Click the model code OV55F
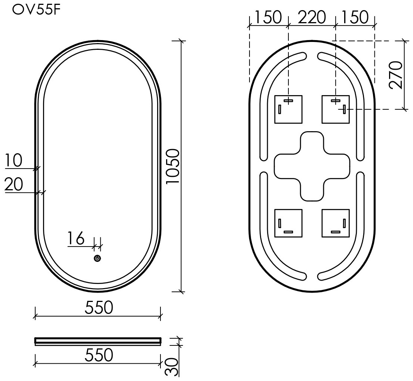tap(33, 11)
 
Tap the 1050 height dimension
tap(173, 166)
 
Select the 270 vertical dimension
tap(396, 75)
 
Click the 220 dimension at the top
tap(312, 17)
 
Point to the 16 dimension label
tap(76, 238)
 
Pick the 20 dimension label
tap(14, 184)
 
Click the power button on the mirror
tap(98, 258)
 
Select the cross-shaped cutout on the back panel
tap(312, 166)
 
